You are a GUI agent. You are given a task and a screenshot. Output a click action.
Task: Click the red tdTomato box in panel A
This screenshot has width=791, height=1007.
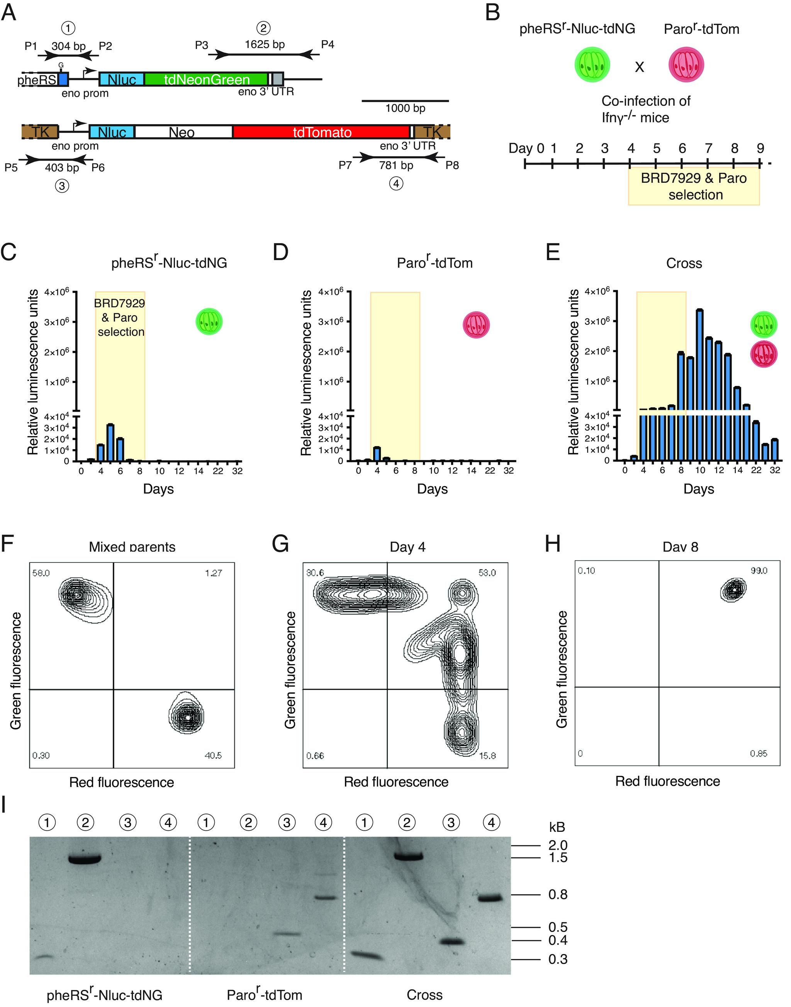pyautogui.click(x=322, y=133)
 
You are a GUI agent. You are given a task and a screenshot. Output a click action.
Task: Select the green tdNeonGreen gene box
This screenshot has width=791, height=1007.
pyautogui.click(x=207, y=80)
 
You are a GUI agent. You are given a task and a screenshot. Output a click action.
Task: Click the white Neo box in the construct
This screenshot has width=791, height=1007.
pyautogui.click(x=182, y=133)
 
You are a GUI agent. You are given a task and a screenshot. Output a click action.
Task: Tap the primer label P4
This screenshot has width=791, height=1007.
pyautogui.click(x=328, y=45)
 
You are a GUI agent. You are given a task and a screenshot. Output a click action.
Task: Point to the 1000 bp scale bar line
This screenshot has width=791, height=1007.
pyautogui.click(x=405, y=101)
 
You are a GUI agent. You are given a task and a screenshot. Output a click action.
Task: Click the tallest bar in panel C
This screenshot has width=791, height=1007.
pyautogui.click(x=110, y=442)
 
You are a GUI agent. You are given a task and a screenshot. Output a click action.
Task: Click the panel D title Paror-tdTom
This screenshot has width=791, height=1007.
pyautogui.click(x=435, y=263)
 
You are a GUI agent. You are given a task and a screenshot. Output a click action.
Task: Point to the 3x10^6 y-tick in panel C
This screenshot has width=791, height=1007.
pyautogui.click(x=57, y=321)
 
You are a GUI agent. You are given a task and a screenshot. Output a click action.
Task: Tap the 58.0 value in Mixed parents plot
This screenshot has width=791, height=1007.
pyautogui.click(x=41, y=573)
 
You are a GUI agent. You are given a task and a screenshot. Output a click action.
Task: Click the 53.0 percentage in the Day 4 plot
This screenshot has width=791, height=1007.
pyautogui.click(x=486, y=573)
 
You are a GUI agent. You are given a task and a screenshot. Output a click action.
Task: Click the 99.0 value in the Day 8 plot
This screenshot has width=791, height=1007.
pyautogui.click(x=759, y=571)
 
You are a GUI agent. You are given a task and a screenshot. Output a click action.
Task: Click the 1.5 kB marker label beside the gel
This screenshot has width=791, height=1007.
pyautogui.click(x=558, y=857)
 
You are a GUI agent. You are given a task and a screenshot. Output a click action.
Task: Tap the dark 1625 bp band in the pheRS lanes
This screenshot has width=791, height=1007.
pyautogui.click(x=85, y=859)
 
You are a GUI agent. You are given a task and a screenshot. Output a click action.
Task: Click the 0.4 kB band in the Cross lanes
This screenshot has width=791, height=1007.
pyautogui.click(x=451, y=941)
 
